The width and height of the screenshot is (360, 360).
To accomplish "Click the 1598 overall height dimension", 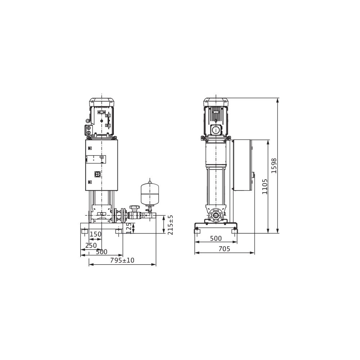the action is tap(274, 166).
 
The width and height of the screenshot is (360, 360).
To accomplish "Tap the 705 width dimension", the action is tap(224, 249).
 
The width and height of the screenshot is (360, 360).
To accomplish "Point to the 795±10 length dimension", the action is tap(122, 260).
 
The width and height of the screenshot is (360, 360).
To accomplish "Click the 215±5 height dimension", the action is tap(170, 225).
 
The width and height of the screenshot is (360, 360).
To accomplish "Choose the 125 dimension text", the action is tap(129, 228).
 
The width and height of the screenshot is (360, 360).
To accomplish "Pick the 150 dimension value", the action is tap(95, 234).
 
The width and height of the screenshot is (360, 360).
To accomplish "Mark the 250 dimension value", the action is tap(91, 246).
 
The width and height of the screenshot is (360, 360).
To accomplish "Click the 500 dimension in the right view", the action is tap(216, 239).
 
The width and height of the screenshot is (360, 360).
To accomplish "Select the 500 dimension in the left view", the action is tap(102, 252).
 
